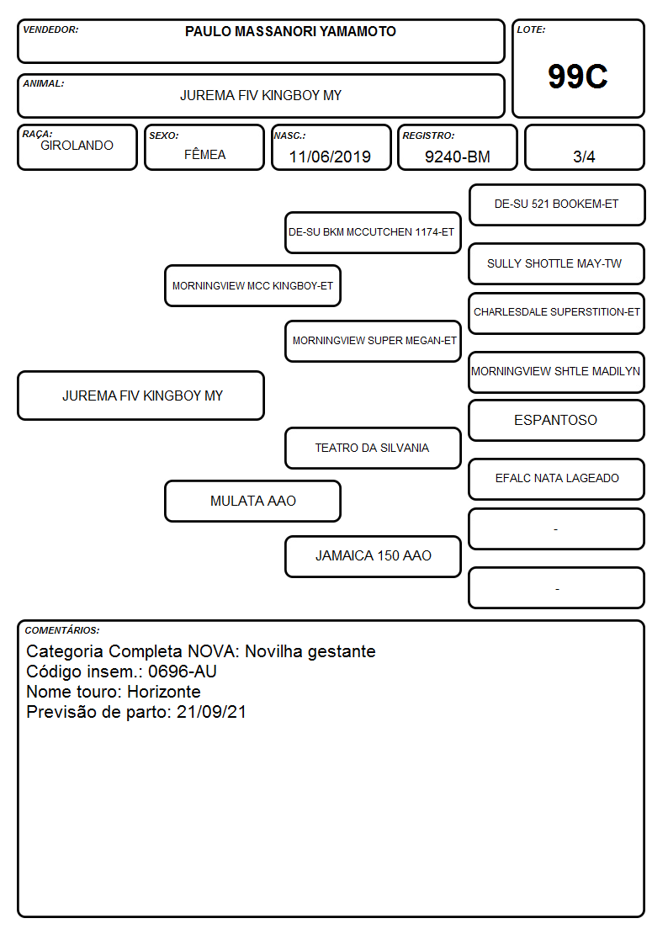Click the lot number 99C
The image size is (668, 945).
click(x=578, y=77)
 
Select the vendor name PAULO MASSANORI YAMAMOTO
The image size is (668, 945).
click(x=290, y=31)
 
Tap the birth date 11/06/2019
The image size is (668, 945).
click(x=330, y=157)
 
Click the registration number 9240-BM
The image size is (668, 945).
click(x=457, y=157)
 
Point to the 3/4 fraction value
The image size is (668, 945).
click(x=584, y=157)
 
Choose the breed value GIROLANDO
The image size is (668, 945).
click(x=77, y=146)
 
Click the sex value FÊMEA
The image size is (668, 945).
click(x=204, y=154)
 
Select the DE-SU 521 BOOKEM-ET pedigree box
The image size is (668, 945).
click(x=557, y=205)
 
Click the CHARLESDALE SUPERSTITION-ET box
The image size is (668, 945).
click(x=557, y=313)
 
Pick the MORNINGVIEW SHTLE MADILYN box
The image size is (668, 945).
click(x=557, y=372)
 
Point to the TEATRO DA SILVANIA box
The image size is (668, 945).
click(x=373, y=448)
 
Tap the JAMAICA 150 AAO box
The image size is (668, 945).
click(x=373, y=556)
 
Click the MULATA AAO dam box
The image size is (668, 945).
click(x=253, y=501)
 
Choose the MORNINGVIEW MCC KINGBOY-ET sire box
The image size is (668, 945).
click(x=253, y=285)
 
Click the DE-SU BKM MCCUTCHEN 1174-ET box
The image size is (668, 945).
click(x=373, y=232)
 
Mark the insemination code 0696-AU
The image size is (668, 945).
click(x=183, y=672)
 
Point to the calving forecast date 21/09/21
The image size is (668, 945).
click(x=211, y=712)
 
